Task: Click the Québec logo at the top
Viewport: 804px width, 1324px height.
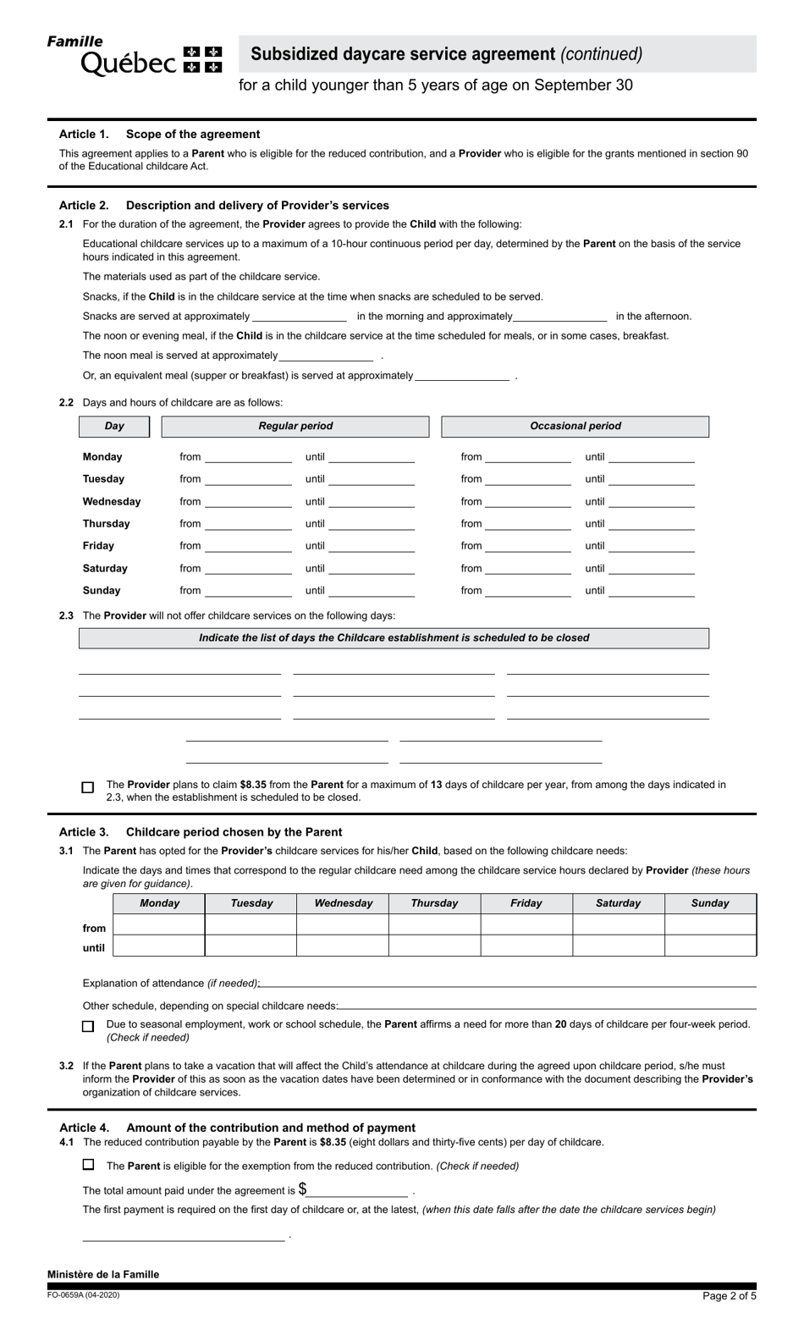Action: tap(135, 56)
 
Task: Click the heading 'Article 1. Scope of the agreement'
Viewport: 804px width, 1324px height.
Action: tap(159, 134)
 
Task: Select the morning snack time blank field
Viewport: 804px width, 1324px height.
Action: tap(300, 317)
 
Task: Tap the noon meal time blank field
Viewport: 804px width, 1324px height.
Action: tap(326, 356)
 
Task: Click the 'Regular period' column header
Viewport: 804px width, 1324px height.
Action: tap(295, 427)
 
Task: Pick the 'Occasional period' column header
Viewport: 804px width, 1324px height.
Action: tap(575, 427)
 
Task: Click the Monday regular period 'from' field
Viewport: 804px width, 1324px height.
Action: tap(248, 457)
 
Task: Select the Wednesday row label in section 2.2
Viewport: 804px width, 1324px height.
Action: tap(112, 502)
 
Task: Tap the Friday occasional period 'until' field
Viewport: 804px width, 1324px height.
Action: tap(651, 547)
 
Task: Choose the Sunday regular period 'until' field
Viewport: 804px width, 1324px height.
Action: tap(372, 591)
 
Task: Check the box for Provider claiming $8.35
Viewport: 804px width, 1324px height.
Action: tap(88, 787)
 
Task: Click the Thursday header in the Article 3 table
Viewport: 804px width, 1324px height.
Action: tap(434, 903)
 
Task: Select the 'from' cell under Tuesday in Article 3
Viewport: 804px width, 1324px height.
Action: tap(251, 925)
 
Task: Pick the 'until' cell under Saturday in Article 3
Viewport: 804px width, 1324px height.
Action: tap(618, 946)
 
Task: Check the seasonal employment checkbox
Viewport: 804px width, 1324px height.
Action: tap(88, 1026)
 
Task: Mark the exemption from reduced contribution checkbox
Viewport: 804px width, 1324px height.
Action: tap(88, 1165)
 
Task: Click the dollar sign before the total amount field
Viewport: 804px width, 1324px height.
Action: tap(302, 1189)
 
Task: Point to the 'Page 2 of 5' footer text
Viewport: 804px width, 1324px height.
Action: tap(729, 1296)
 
